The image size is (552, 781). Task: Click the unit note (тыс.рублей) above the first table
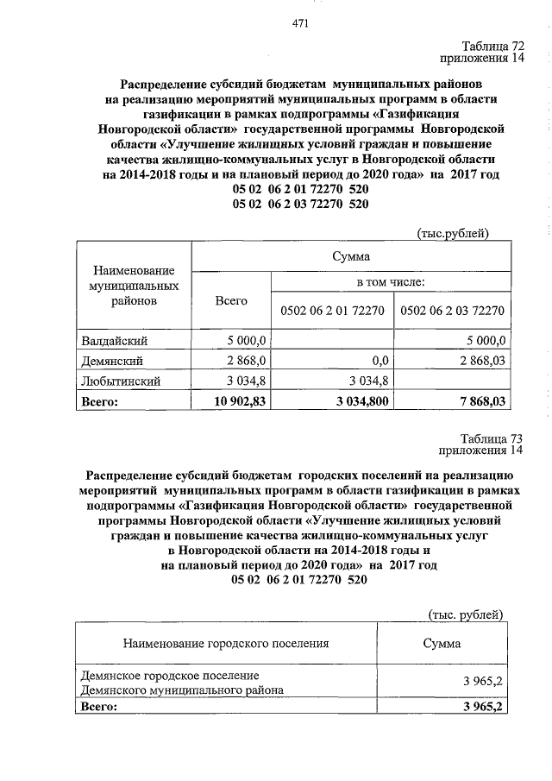(454, 233)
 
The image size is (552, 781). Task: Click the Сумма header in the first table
(351, 256)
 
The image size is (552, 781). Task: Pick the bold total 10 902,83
(236, 400)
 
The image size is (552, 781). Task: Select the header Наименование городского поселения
(226, 644)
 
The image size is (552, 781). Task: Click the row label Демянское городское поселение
(170, 675)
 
